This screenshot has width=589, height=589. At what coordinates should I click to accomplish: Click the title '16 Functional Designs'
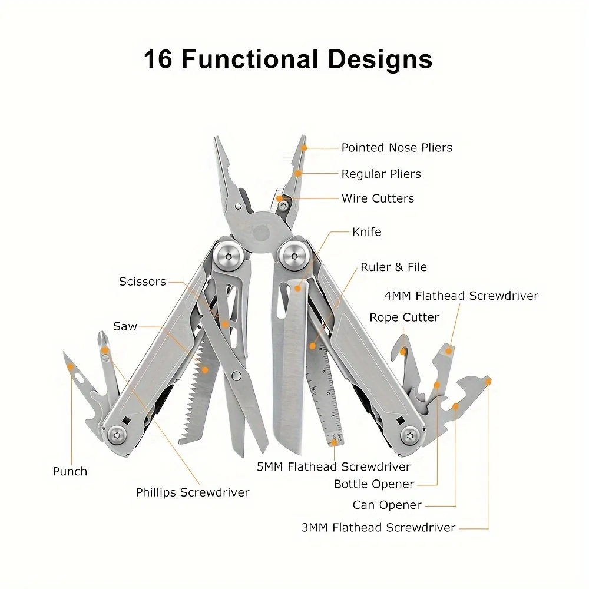[x=288, y=59]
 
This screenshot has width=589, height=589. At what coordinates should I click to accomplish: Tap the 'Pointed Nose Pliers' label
[x=397, y=148]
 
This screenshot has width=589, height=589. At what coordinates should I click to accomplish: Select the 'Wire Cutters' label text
[x=378, y=198]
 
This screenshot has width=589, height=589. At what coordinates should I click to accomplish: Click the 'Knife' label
[x=366, y=232]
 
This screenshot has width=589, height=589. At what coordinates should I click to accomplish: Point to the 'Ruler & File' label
[x=393, y=267]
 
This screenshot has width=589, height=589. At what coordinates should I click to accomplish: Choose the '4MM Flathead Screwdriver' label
[x=461, y=296]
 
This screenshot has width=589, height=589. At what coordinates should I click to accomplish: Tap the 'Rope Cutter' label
[x=404, y=317]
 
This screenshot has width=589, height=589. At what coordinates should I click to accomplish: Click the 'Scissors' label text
[x=143, y=282]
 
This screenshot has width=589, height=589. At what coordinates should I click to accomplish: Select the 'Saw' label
[x=125, y=326]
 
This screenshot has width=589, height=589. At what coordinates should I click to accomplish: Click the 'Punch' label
[x=70, y=471]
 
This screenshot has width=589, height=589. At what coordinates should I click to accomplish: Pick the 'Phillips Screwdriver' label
[x=193, y=492]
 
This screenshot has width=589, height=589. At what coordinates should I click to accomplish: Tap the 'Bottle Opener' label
[x=374, y=484]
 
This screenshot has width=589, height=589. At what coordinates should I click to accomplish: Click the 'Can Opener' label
[x=387, y=505]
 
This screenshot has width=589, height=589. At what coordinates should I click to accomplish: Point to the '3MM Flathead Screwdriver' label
[x=378, y=528]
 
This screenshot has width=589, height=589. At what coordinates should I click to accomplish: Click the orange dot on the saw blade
[x=205, y=369]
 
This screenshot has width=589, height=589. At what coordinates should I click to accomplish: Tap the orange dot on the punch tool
[x=71, y=368]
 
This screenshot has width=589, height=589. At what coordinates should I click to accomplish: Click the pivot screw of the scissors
[x=237, y=376]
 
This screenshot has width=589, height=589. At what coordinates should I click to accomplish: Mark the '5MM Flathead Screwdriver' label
[x=333, y=467]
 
